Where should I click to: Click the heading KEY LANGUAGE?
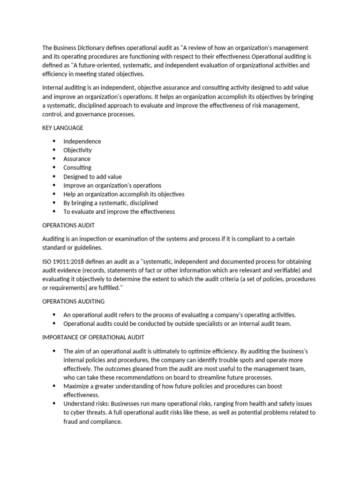[x=63, y=127]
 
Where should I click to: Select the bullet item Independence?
[x=82, y=141]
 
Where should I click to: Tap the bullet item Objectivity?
[x=78, y=150]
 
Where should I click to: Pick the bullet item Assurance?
[x=77, y=159]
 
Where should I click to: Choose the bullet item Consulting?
[x=77, y=167]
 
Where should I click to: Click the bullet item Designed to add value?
[x=92, y=177]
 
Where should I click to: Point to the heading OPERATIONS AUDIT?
[x=65, y=225]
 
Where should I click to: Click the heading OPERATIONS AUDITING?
[x=74, y=301]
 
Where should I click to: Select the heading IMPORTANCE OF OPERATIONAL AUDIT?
[x=93, y=337]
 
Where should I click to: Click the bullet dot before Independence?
[x=54, y=141]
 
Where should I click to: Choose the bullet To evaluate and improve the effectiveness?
[x=119, y=211]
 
